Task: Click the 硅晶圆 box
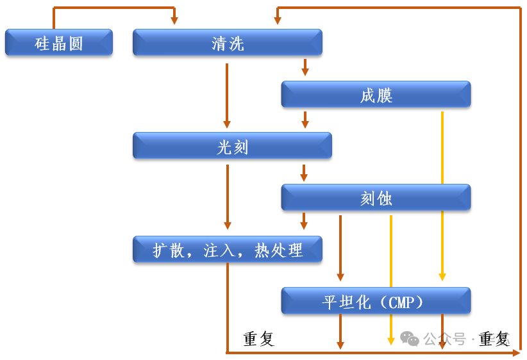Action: point(59,43)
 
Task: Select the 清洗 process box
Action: point(227,43)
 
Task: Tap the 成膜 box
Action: point(376,95)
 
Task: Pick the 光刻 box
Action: point(232,146)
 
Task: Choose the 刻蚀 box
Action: point(376,198)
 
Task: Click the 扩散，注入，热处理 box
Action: point(227,249)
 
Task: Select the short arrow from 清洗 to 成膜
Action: point(305,67)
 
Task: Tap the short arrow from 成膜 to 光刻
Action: point(305,119)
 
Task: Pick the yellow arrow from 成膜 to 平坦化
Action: point(442,192)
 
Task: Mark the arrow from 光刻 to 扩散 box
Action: point(227,195)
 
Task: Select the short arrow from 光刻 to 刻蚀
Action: point(304,172)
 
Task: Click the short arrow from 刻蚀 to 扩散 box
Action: point(304,221)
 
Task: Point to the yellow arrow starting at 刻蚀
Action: point(391,275)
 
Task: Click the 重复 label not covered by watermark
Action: point(259,339)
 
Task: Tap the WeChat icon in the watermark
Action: point(410,338)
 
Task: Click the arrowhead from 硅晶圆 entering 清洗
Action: point(174,20)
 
